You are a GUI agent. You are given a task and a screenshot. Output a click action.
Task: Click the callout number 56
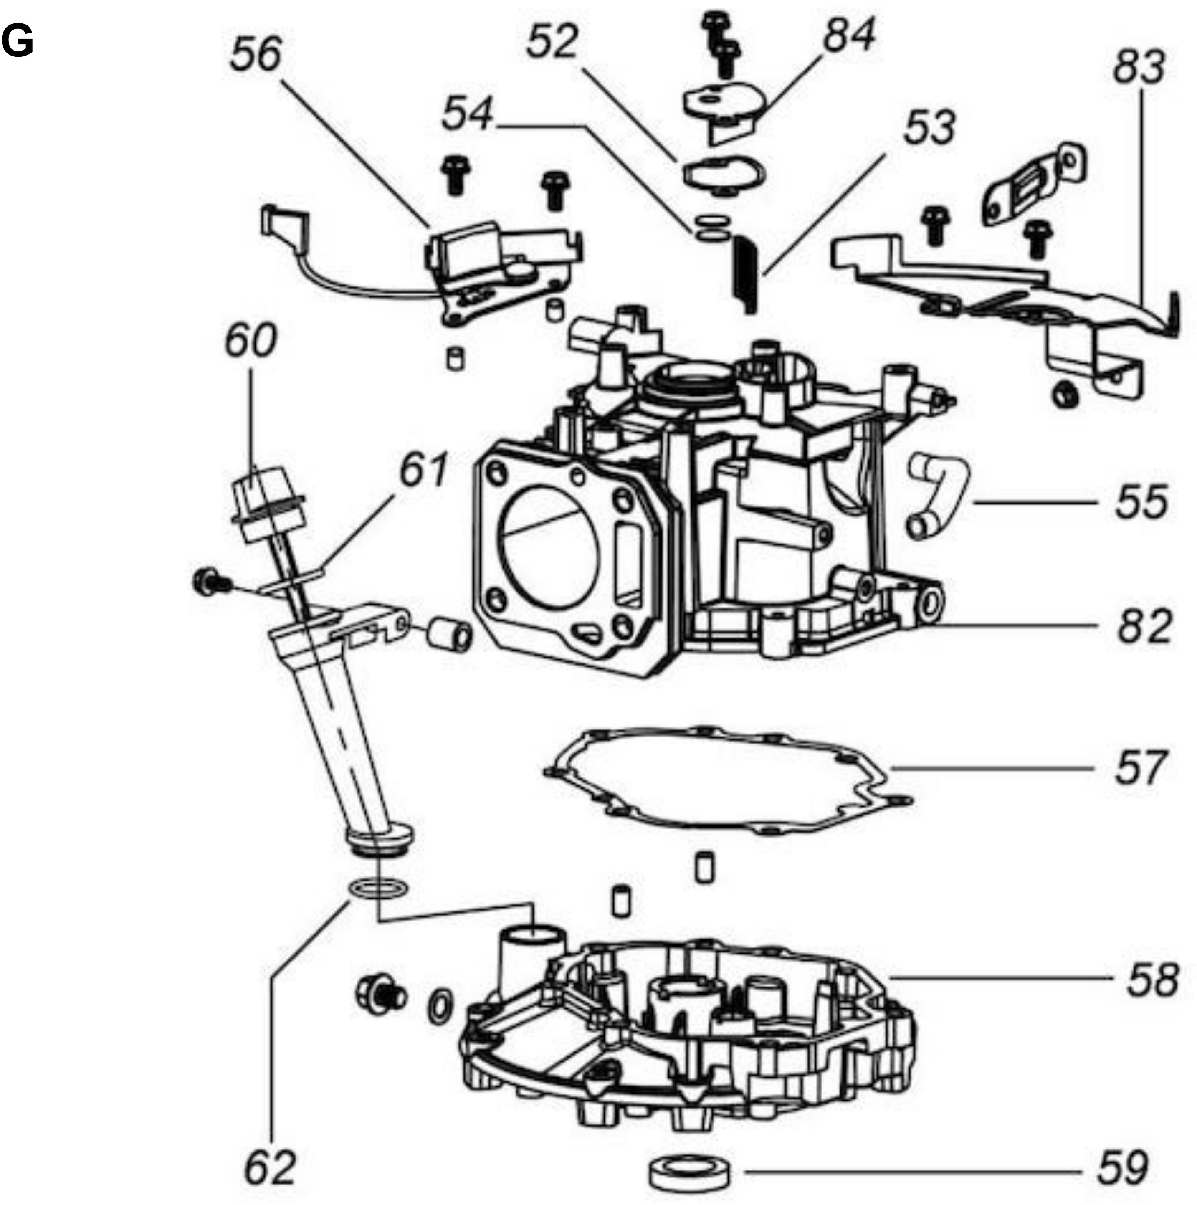pos(256,54)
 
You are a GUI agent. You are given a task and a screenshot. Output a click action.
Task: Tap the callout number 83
pos(1139,67)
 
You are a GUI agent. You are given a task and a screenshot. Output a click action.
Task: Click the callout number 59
pos(1122,1167)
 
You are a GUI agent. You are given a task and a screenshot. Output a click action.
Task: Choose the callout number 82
pos(1144,626)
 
